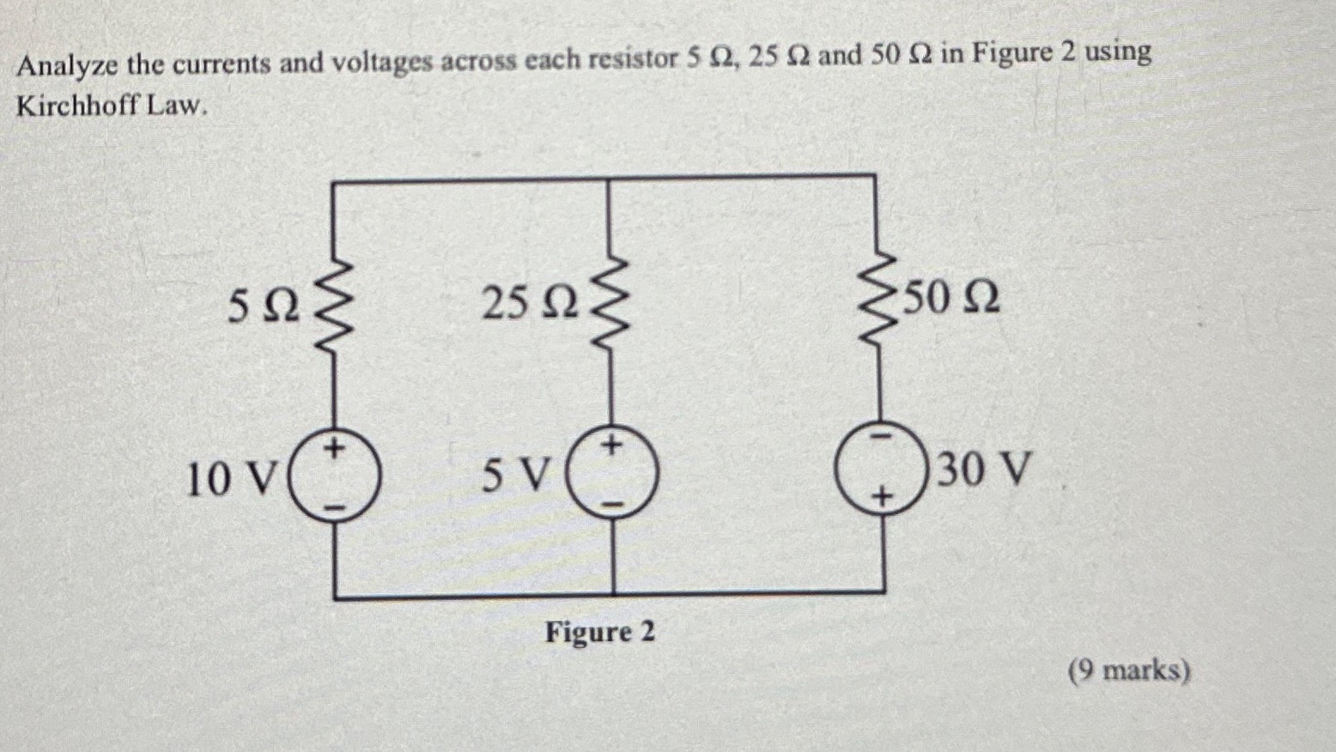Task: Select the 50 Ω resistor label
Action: click(951, 297)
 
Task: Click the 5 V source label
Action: click(513, 475)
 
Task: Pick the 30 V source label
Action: click(983, 470)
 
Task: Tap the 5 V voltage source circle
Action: click(613, 474)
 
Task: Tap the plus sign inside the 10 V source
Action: click(337, 447)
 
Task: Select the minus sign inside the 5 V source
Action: click(613, 504)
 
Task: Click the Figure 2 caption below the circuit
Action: click(600, 633)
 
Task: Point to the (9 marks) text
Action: click(1129, 670)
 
